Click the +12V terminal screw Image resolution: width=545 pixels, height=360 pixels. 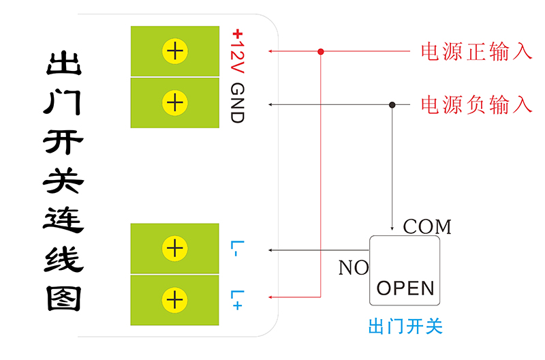click(175, 51)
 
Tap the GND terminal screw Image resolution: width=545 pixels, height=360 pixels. click(175, 103)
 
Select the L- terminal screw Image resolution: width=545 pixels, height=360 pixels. click(175, 248)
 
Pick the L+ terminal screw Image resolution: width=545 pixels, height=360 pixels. click(175, 299)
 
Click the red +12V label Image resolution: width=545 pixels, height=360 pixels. click(236, 51)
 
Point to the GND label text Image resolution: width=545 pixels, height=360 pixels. click(236, 103)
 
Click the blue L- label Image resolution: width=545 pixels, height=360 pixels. click(236, 248)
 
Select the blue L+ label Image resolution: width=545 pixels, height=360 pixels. click(236, 299)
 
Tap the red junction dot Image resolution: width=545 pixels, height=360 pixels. click(321, 51)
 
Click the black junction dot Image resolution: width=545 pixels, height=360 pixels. click(392, 104)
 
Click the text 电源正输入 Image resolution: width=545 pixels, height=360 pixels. click(476, 52)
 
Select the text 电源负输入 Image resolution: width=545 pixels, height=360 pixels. click(476, 104)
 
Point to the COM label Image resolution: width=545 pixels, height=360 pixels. click(427, 226)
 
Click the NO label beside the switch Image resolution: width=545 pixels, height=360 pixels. click(353, 268)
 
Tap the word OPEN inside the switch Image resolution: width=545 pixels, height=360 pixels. click(405, 288)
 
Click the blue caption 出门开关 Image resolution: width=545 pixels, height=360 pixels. click(405, 327)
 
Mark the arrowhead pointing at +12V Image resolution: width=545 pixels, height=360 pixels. click(271, 51)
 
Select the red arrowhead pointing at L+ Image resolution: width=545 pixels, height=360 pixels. click(271, 297)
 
